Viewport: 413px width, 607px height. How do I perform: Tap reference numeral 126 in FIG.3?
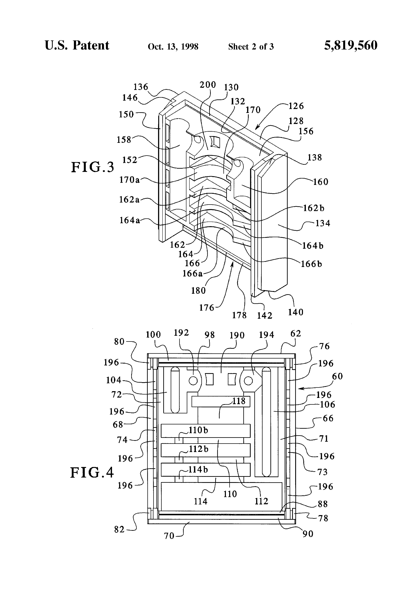pos(296,106)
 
